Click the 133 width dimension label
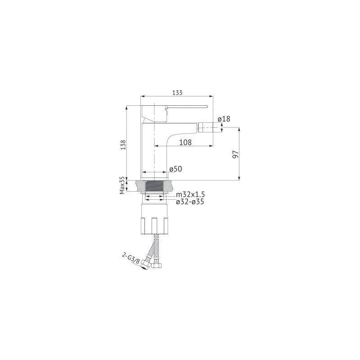pos(177,93)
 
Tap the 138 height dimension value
pos(123,145)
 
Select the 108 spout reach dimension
pos(185,142)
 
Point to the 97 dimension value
pos(235,154)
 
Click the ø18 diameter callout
pos(224,119)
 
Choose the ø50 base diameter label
pos(175,169)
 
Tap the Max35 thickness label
pos(122,185)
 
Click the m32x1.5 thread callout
pos(190,195)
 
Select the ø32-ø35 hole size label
pos(190,202)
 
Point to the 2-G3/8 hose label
pos(131,258)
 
